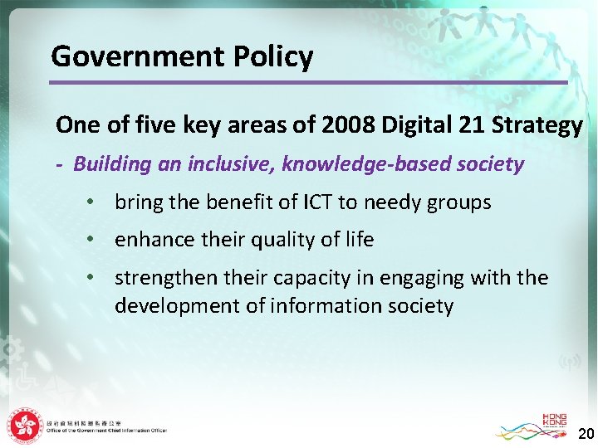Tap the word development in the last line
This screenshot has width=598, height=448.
171,306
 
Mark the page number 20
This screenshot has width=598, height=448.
586,434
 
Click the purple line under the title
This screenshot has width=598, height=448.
307,82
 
